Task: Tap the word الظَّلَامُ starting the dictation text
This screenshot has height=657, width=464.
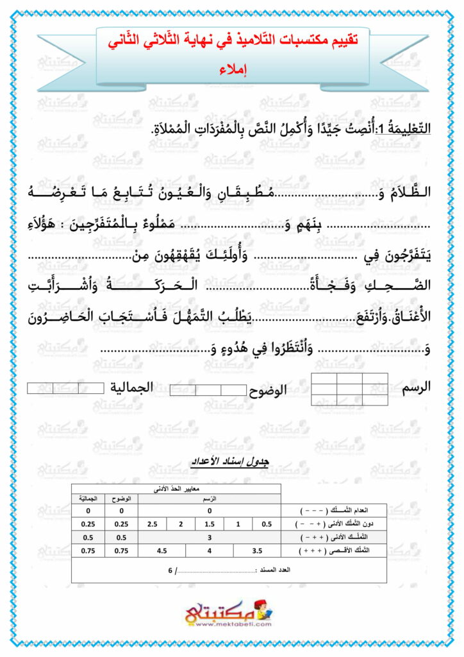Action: click(x=415, y=192)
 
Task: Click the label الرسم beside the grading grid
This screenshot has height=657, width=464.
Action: click(x=415, y=388)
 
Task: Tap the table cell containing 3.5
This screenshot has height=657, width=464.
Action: click(x=258, y=550)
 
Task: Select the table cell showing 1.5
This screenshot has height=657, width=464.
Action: click(x=209, y=524)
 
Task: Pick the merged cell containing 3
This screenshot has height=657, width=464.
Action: click(x=209, y=537)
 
